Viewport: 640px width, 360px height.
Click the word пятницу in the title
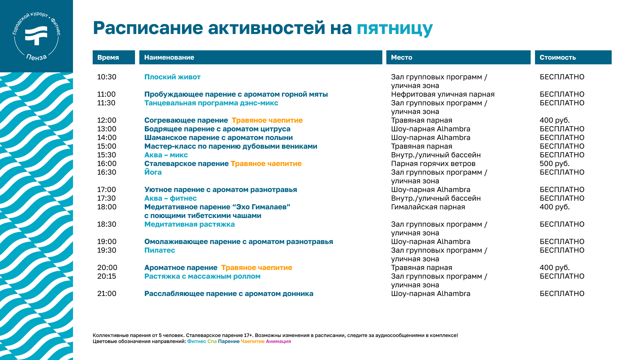[x=395, y=29]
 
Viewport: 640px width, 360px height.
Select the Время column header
[x=114, y=57]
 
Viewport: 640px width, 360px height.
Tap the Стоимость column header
[x=573, y=57]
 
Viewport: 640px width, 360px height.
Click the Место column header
[x=458, y=57]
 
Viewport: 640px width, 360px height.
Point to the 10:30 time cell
[x=107, y=77]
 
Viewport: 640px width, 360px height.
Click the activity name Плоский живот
[x=172, y=77]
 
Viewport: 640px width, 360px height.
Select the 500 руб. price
[x=555, y=164]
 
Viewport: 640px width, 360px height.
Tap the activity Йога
[x=153, y=172]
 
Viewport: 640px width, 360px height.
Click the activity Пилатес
[x=160, y=250]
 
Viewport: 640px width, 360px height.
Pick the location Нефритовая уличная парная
[x=443, y=94]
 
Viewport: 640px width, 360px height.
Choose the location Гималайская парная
[x=428, y=207]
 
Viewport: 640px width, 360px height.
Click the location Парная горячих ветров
[x=433, y=164]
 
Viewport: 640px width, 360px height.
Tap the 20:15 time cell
[x=107, y=276]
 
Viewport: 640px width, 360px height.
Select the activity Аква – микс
[x=166, y=155]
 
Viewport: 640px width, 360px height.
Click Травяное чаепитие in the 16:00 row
[x=266, y=164]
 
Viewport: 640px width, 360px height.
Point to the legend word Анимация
[x=278, y=341]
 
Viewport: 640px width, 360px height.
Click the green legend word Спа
[x=212, y=341]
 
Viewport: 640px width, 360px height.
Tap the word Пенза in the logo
[x=37, y=57]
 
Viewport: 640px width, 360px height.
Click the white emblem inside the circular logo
[x=36, y=35]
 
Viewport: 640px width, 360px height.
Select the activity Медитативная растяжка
[x=189, y=224]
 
